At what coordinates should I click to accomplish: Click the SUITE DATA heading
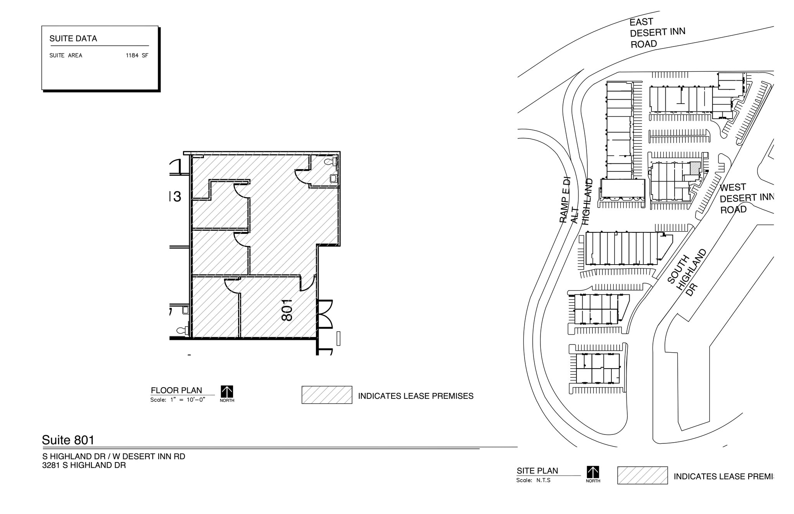pos(73,38)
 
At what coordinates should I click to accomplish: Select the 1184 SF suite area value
pos(137,55)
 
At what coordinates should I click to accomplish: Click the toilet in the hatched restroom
pos(331,162)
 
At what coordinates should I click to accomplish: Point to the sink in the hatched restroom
pos(333,178)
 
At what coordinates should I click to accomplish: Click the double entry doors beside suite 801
pos(325,314)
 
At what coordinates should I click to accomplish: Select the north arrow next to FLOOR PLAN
pos(227,392)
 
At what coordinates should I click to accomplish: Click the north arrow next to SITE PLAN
pos(593,472)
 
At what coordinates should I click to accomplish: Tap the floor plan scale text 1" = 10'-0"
pos(187,400)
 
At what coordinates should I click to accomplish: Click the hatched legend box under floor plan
pos(327,395)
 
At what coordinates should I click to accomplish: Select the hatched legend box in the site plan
pos(642,475)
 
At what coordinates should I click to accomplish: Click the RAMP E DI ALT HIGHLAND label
pos(576,202)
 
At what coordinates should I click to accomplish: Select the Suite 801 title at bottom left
pos(68,440)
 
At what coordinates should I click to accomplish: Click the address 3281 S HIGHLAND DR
pos(84,465)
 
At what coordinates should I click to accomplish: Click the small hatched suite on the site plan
pos(695,168)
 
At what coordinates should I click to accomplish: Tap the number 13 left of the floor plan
pos(175,197)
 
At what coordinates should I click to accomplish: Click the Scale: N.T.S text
pos(533,480)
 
